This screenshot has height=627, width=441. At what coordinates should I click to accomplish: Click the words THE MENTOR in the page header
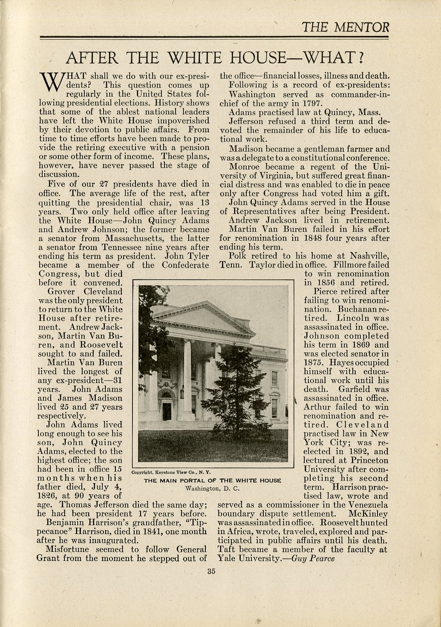(345, 28)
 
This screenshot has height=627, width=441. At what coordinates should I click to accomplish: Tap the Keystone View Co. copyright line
(169, 473)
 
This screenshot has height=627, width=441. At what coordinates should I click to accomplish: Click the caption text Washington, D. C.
(213, 488)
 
